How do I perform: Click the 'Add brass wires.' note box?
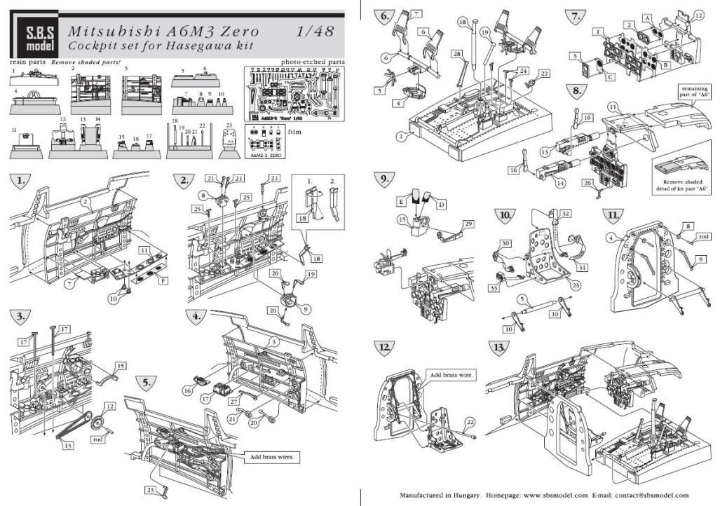pos(273,457)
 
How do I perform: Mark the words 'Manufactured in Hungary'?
pos(439,494)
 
